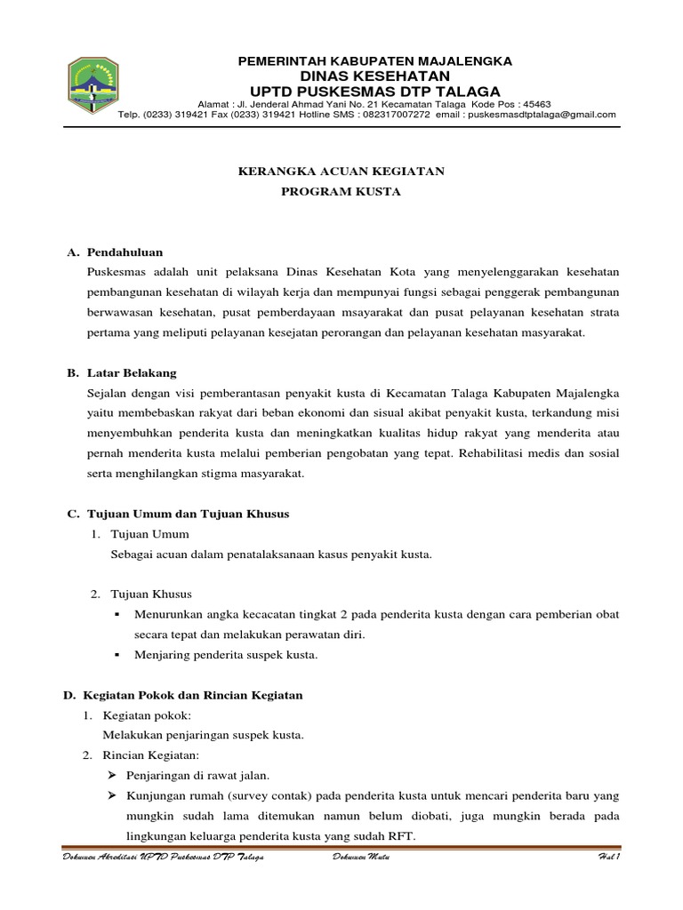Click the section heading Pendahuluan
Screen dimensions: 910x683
125,252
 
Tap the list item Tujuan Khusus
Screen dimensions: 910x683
150,594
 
